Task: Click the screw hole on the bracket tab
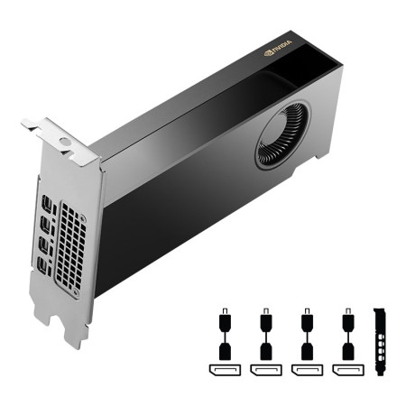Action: click(64, 142)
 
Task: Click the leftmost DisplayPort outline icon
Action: click(224, 371)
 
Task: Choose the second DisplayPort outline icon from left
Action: click(265, 371)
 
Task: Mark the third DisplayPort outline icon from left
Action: click(306, 371)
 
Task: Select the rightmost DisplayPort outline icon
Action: click(346, 371)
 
